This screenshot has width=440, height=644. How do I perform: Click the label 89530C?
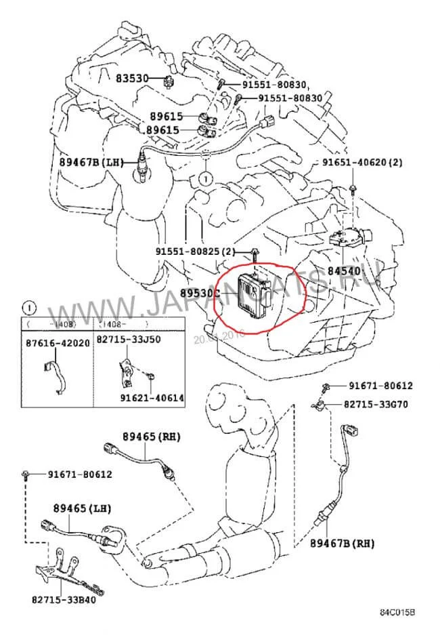tap(200, 293)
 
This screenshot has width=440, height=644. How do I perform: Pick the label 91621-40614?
tap(152, 397)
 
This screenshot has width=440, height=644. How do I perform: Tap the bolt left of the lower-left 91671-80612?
tap(25, 475)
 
